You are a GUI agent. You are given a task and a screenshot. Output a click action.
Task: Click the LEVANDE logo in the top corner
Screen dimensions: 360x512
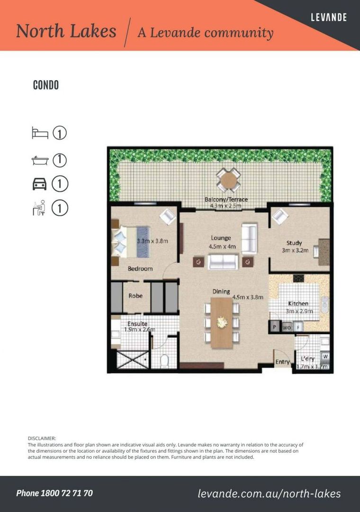coord(329,17)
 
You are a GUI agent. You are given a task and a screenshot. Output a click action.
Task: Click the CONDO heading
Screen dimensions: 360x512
coord(46,85)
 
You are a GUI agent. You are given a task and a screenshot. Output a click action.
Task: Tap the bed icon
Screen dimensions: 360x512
coord(40,133)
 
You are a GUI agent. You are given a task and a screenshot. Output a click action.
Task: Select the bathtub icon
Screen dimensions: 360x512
coord(40,160)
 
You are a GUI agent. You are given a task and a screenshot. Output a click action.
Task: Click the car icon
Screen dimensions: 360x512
coord(39,184)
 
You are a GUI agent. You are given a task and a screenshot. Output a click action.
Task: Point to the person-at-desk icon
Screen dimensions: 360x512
coord(39,208)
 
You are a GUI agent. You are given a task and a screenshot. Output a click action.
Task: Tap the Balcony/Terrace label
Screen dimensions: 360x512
coord(226,199)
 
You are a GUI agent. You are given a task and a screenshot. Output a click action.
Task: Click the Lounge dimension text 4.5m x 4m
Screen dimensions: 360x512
coord(222,247)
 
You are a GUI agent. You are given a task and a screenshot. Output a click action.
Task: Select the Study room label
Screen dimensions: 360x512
coord(294,243)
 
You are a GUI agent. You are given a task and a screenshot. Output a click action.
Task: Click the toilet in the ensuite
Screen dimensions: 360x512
coord(164,361)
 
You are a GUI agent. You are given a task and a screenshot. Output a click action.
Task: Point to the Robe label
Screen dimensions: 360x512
coord(135,296)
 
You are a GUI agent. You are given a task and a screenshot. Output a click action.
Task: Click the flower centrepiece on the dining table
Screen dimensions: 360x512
coord(222,322)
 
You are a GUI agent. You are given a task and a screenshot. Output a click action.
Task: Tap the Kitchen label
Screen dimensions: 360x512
coord(298,303)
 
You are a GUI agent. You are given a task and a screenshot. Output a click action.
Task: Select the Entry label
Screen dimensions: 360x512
coord(283,362)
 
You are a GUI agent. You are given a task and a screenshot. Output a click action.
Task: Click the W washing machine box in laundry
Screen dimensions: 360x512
coord(325,357)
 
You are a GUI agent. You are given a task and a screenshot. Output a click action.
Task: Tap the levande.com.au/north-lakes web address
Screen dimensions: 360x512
coord(269,494)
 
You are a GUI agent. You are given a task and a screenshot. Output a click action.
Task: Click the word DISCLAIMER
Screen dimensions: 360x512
coord(42,439)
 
